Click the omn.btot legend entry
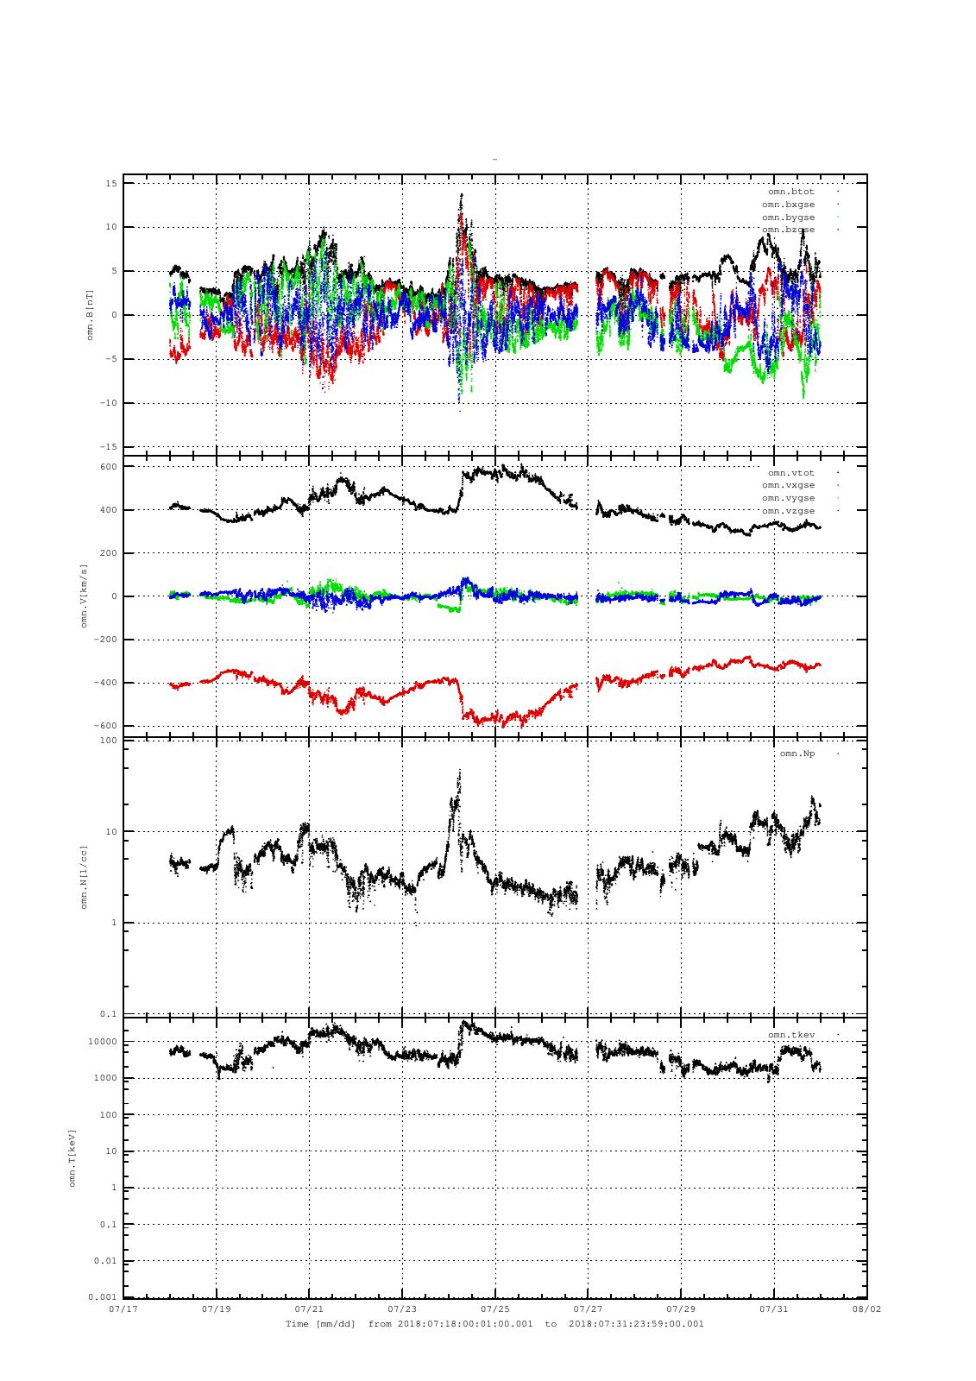coord(790,192)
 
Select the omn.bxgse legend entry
coord(788,205)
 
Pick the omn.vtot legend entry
coord(790,473)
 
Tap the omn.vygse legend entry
coord(788,498)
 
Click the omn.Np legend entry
coord(797,754)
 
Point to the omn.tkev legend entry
coord(790,1034)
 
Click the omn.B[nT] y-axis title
coord(89,316)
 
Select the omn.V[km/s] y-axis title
coord(84,596)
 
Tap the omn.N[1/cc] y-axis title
coord(84,877)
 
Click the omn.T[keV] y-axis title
coord(72,1157)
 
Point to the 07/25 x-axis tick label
coord(494,1308)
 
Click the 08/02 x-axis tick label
coord(866,1308)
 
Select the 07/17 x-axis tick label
coord(123,1308)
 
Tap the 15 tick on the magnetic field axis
coord(111,183)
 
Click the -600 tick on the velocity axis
coord(105,726)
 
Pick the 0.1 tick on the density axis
coord(109,1014)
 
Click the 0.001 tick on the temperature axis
coord(102,1297)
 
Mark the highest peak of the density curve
coord(459,771)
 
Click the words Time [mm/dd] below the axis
coord(320,1323)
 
